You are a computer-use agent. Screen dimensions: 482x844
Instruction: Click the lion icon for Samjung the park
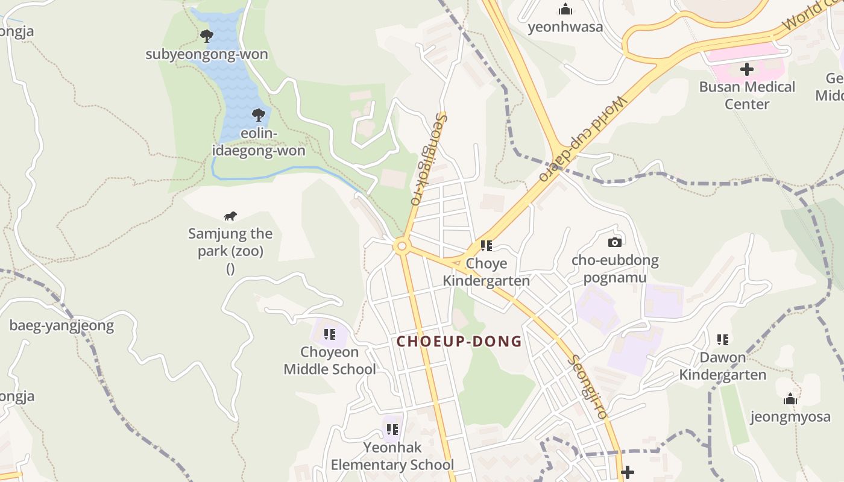coord(230,216)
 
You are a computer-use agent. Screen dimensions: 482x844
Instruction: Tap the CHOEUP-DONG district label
coord(459,342)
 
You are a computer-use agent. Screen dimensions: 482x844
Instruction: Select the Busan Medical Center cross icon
coord(747,69)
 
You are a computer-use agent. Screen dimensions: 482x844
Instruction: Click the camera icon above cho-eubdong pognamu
coord(615,242)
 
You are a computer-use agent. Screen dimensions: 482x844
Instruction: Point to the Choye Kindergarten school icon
coord(486,246)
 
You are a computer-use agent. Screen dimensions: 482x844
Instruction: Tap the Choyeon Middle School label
coord(330,360)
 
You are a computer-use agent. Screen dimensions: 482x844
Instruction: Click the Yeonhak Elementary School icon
coord(392,430)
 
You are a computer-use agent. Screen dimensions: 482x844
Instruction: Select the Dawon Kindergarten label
coord(723,366)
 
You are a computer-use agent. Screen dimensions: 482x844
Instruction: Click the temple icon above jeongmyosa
coord(790,399)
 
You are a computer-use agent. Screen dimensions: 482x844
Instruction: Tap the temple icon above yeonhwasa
coord(565,9)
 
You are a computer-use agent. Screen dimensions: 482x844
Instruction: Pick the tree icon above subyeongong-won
coord(207,36)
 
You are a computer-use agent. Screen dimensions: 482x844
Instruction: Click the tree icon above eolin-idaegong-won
coord(259,114)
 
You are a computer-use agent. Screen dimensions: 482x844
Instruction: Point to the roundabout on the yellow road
coord(402,246)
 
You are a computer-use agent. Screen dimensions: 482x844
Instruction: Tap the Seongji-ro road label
coord(588,386)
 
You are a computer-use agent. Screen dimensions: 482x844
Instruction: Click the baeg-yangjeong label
coord(61,326)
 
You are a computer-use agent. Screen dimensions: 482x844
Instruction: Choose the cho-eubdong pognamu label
coord(615,269)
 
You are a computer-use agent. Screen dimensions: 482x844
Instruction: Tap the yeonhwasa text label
coord(565,27)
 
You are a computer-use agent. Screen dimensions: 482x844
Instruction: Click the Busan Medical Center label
coord(747,95)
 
